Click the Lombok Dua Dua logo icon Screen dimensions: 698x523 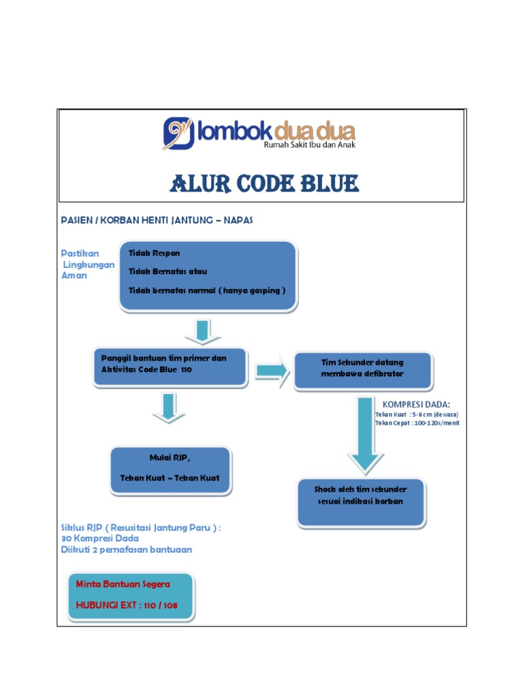(178, 133)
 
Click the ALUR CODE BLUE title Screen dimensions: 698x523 (264, 183)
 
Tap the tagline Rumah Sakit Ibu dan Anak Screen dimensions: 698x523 (309, 145)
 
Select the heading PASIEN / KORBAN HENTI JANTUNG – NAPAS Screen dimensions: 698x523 (157, 220)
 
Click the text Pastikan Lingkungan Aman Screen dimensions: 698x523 (85, 264)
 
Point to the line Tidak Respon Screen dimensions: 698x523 (155, 253)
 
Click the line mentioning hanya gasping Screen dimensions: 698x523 (207, 290)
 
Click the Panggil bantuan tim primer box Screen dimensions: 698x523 (170, 368)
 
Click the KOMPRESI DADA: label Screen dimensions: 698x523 (416, 404)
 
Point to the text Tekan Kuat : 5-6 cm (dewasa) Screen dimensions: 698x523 (416, 414)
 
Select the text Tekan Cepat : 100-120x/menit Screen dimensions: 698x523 (417, 423)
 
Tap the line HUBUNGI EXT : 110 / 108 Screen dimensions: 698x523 (129, 605)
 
